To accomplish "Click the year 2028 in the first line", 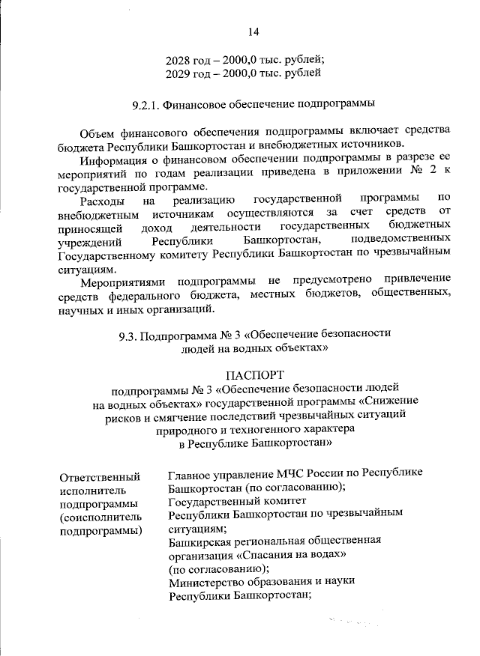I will (180, 60).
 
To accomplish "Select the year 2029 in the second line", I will (180, 73).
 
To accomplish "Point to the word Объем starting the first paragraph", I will (97, 130).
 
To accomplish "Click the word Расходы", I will (102, 200).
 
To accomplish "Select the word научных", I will (79, 309).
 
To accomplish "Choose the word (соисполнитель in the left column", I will (100, 517).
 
